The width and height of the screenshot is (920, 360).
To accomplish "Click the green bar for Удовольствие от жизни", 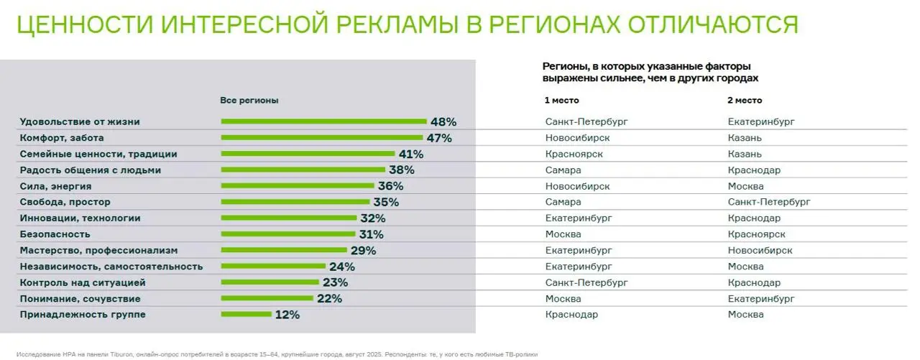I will point(323,121).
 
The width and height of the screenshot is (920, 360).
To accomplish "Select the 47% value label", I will point(438,138).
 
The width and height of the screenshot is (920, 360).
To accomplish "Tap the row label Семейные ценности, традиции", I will point(98,154).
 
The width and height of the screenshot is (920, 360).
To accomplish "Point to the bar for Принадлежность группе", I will point(246,314).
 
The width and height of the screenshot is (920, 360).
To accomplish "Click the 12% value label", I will point(287,315).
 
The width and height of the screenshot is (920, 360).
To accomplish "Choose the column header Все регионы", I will point(249,101).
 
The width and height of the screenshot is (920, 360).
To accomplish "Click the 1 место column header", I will point(561,101).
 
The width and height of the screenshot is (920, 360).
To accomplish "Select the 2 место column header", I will point(745,101).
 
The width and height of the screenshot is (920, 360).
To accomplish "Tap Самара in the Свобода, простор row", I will point(563,202).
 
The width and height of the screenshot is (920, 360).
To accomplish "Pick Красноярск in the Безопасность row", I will point(756,234).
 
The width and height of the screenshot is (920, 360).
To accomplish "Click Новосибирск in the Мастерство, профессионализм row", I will point(760,250).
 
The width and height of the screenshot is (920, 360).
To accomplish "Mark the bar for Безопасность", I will point(289,234).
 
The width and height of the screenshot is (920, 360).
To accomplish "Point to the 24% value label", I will point(342,267).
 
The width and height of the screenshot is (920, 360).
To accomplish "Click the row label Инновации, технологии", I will point(80,218).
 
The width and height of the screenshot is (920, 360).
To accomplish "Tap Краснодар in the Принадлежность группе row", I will point(571,314).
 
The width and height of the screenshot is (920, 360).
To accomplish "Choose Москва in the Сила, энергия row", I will point(745,186).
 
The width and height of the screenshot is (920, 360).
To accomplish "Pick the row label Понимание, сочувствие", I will point(80,298).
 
